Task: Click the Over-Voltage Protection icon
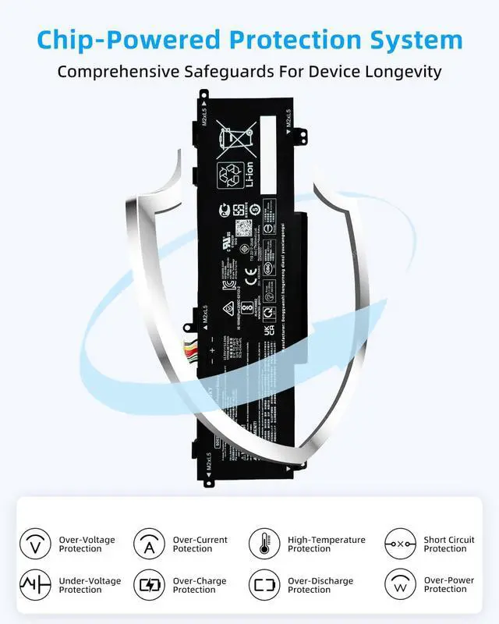[34, 544]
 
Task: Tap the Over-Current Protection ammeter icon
[149, 544]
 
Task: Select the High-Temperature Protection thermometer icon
[264, 544]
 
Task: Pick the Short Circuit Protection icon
[400, 544]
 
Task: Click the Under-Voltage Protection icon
[34, 585]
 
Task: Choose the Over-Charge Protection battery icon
[149, 585]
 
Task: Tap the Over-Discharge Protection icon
[264, 585]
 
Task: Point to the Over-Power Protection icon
[400, 585]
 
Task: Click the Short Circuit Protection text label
[449, 544]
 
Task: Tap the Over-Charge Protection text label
[200, 585]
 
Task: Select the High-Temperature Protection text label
[326, 544]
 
